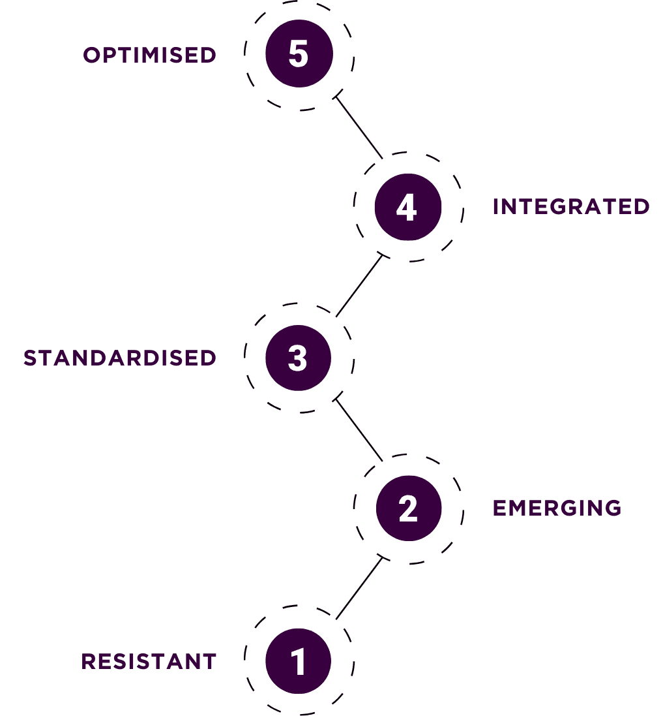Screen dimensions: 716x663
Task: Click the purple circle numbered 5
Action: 299,54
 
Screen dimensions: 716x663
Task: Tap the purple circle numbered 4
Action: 407,207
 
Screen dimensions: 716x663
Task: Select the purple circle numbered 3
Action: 298,358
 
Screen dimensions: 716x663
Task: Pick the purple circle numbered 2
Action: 408,508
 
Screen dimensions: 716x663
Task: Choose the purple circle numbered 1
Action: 298,661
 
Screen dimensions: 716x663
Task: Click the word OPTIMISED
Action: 149,55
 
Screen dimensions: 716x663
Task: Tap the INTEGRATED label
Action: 570,206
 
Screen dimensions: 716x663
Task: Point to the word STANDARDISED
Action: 119,358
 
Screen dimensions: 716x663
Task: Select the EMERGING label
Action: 557,508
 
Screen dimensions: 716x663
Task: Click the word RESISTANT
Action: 149,661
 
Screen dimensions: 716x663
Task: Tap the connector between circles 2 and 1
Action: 359,587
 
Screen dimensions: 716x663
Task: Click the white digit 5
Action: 299,54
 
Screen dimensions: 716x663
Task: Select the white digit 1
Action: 299,661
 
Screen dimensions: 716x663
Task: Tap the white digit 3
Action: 297,358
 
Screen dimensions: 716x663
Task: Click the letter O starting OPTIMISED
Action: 92,55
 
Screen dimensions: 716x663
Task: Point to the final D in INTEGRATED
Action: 641,206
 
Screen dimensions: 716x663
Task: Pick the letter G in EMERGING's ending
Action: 612,508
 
